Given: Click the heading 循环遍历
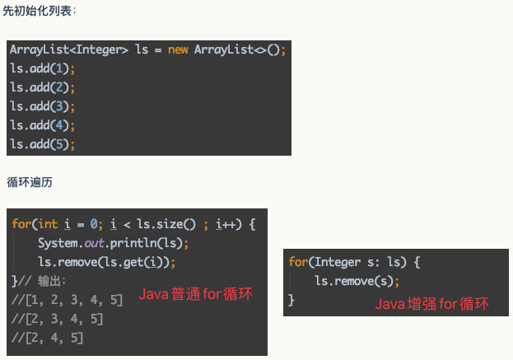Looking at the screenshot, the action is coord(30,181).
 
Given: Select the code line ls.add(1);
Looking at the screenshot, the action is coord(42,68).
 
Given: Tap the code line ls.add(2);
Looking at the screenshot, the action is coord(42,87).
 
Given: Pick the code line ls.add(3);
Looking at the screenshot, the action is coord(42,106).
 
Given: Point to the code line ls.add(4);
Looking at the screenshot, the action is coord(42,125).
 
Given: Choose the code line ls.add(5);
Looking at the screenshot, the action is coord(42,144).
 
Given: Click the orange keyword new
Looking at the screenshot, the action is coord(178,49).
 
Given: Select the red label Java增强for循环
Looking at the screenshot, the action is coord(431,304).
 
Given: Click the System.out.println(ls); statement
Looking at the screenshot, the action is coord(113,243).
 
